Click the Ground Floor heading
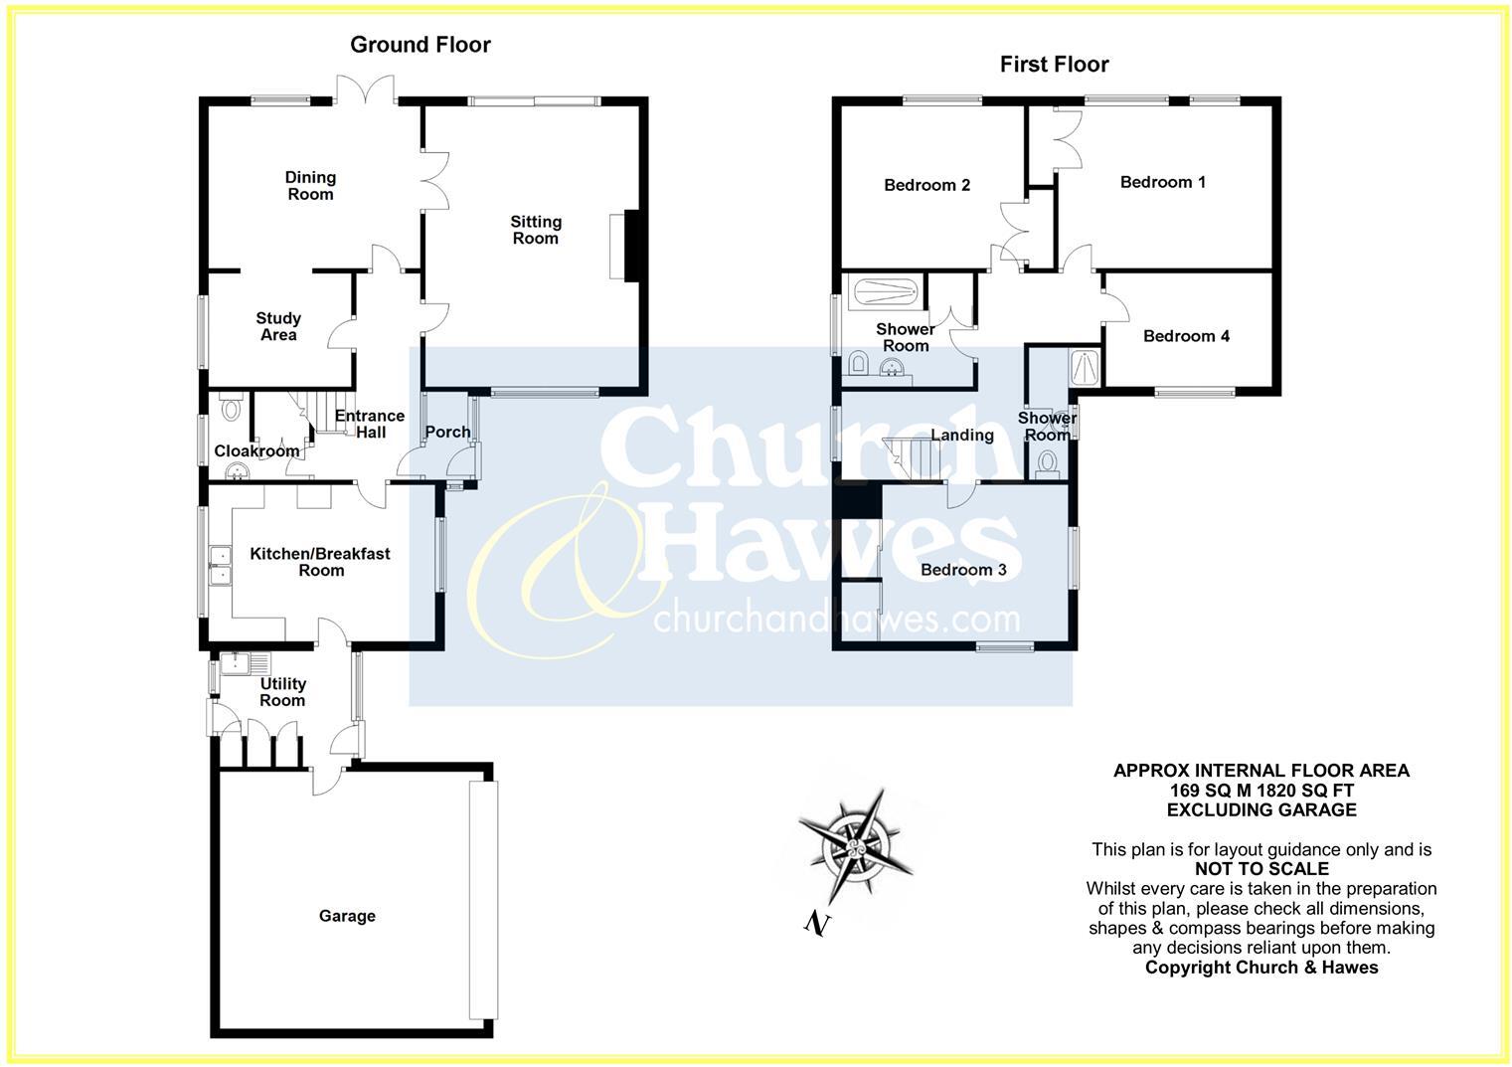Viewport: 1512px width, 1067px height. coord(420,45)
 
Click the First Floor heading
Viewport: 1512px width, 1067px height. coord(1054,65)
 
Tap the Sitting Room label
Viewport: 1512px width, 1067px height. coord(535,230)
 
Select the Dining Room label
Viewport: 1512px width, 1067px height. coord(310,186)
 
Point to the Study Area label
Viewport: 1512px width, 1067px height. coord(278,326)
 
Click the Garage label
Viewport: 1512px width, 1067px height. coord(347,916)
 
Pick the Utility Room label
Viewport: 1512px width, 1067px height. coord(282,692)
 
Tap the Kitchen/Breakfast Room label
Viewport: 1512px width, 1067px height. coord(320,562)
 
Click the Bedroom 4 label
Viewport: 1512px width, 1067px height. coord(1186,336)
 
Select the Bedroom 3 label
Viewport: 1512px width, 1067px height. coord(963,570)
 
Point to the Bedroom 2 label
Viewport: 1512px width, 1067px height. coord(926,185)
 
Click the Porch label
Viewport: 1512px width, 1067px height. coord(447,432)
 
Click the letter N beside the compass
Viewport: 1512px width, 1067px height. coord(816,923)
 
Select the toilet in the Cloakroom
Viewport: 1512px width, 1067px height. coord(231,407)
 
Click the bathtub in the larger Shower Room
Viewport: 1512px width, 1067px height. coord(885,291)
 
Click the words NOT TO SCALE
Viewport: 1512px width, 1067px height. coord(1261,869)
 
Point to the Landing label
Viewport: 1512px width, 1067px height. coord(961,435)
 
